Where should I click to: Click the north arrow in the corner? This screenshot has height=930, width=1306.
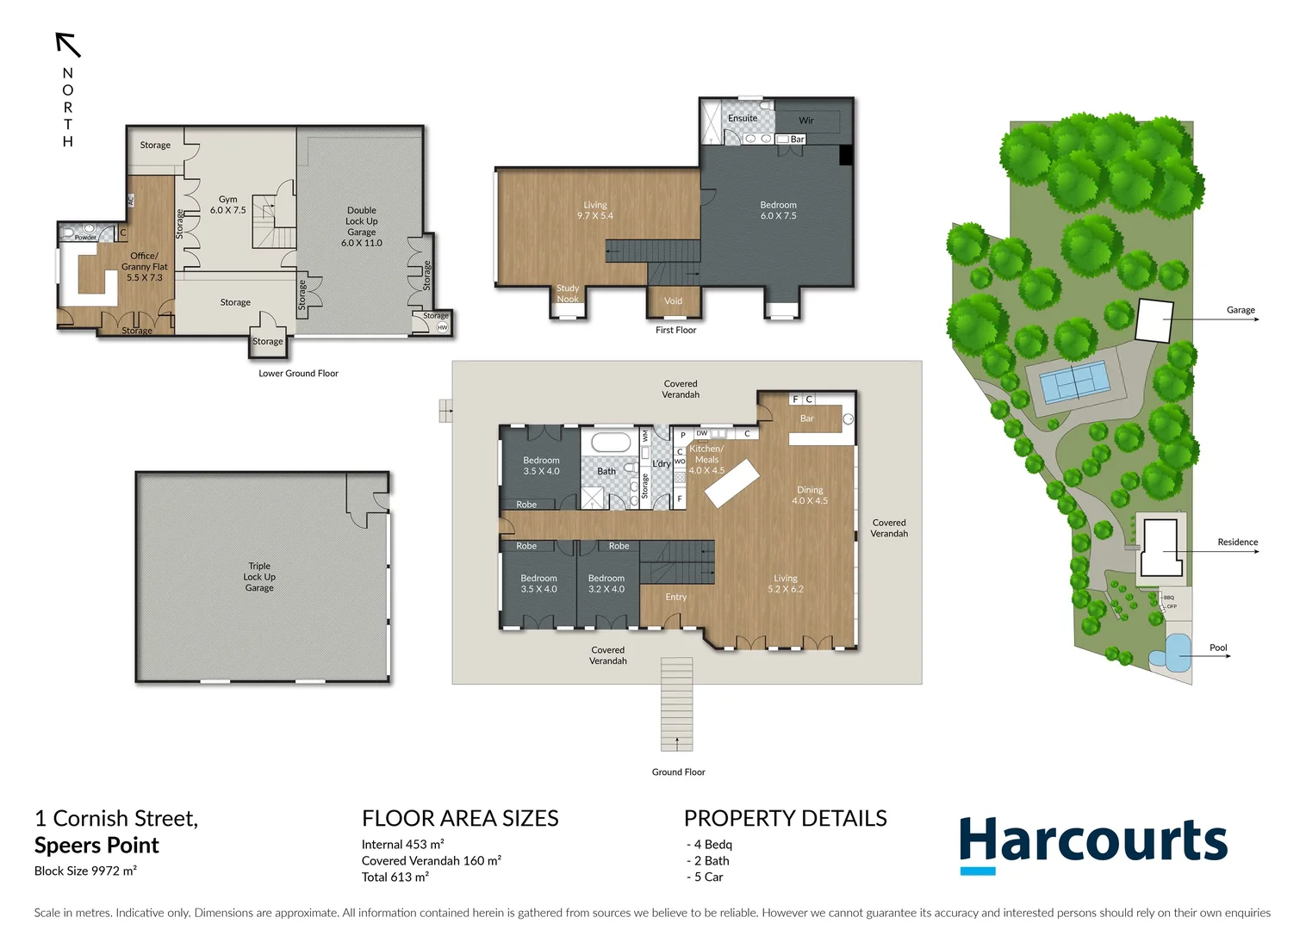click(68, 45)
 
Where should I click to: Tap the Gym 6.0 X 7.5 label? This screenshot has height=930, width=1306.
click(227, 204)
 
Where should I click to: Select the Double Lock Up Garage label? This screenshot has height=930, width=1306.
click(362, 226)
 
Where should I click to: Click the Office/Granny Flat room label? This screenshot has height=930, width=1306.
click(144, 266)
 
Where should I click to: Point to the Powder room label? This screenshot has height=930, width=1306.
click(85, 238)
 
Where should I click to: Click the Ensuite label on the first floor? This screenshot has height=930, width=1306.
click(743, 118)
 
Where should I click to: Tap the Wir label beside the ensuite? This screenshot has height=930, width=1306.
click(806, 121)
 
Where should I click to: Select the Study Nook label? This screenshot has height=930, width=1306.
click(568, 294)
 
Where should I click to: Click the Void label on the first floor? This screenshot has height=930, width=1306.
click(673, 301)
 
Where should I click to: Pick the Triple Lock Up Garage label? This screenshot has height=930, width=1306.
click(259, 577)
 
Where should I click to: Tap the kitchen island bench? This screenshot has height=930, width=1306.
click(732, 482)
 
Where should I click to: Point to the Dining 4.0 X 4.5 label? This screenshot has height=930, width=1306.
click(810, 495)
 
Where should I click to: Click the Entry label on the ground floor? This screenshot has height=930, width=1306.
click(676, 597)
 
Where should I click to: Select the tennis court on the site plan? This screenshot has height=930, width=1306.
click(1073, 381)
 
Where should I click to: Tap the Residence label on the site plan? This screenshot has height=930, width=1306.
click(1237, 542)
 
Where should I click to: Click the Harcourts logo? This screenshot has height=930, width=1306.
click(1093, 843)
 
